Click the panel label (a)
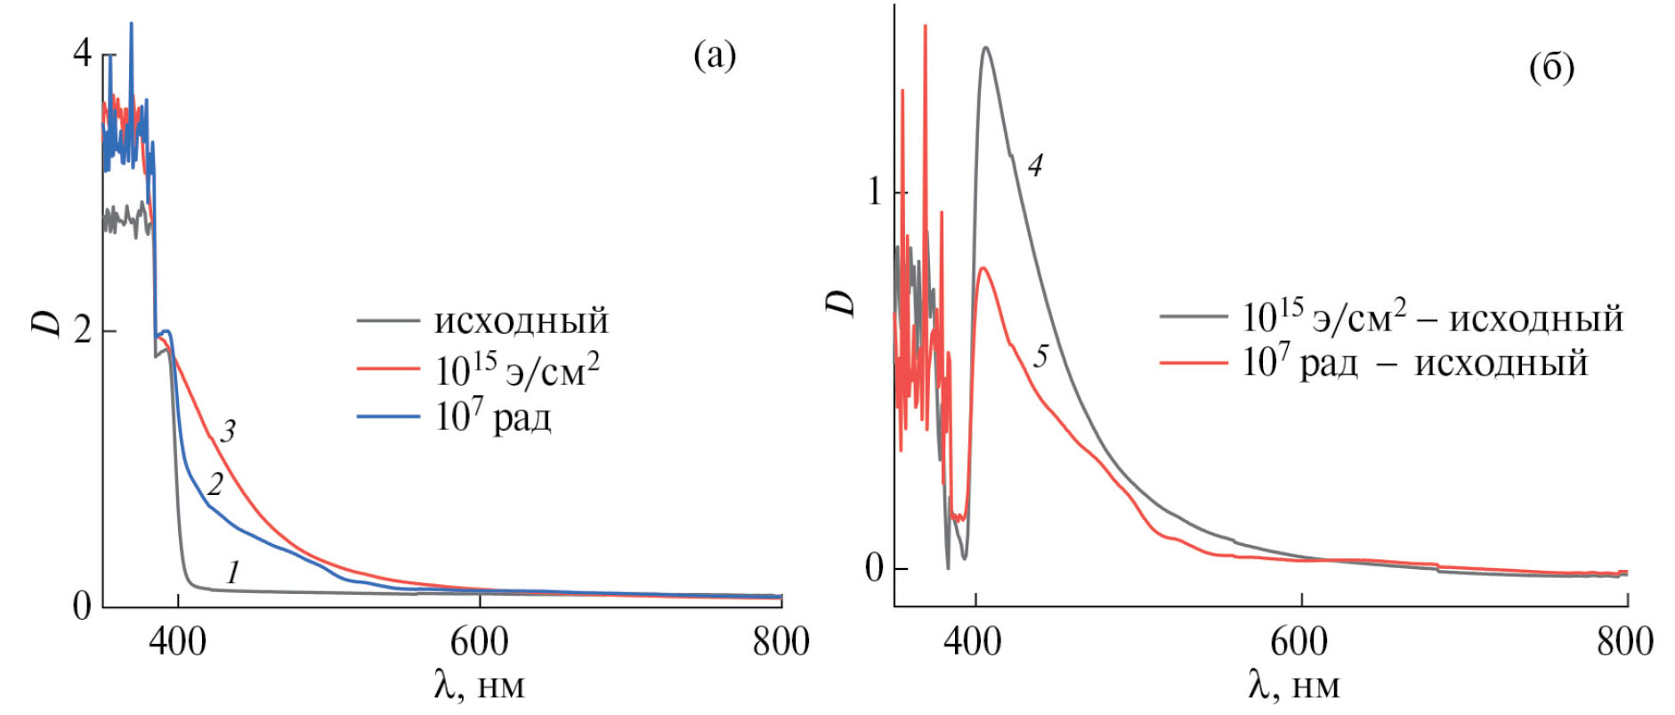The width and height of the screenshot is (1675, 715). click(x=715, y=56)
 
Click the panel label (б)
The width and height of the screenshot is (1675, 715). click(x=1551, y=67)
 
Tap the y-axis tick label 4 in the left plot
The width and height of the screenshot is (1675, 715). click(x=82, y=53)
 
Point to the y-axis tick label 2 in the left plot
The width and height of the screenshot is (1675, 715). click(x=82, y=330)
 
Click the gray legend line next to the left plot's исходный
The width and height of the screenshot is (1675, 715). click(x=388, y=320)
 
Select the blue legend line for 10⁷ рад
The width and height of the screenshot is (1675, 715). click(x=388, y=416)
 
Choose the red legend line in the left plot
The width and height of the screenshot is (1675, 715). click(x=388, y=368)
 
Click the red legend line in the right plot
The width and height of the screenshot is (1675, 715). click(x=1193, y=362)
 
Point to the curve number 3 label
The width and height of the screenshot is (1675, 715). click(x=228, y=432)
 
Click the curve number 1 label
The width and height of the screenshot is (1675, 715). click(x=232, y=572)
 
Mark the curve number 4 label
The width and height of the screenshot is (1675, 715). click(x=1034, y=165)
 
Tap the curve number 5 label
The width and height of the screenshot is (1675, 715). click(x=1040, y=356)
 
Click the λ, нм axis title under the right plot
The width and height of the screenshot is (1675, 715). click(x=1293, y=686)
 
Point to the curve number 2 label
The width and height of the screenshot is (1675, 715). click(x=214, y=484)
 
